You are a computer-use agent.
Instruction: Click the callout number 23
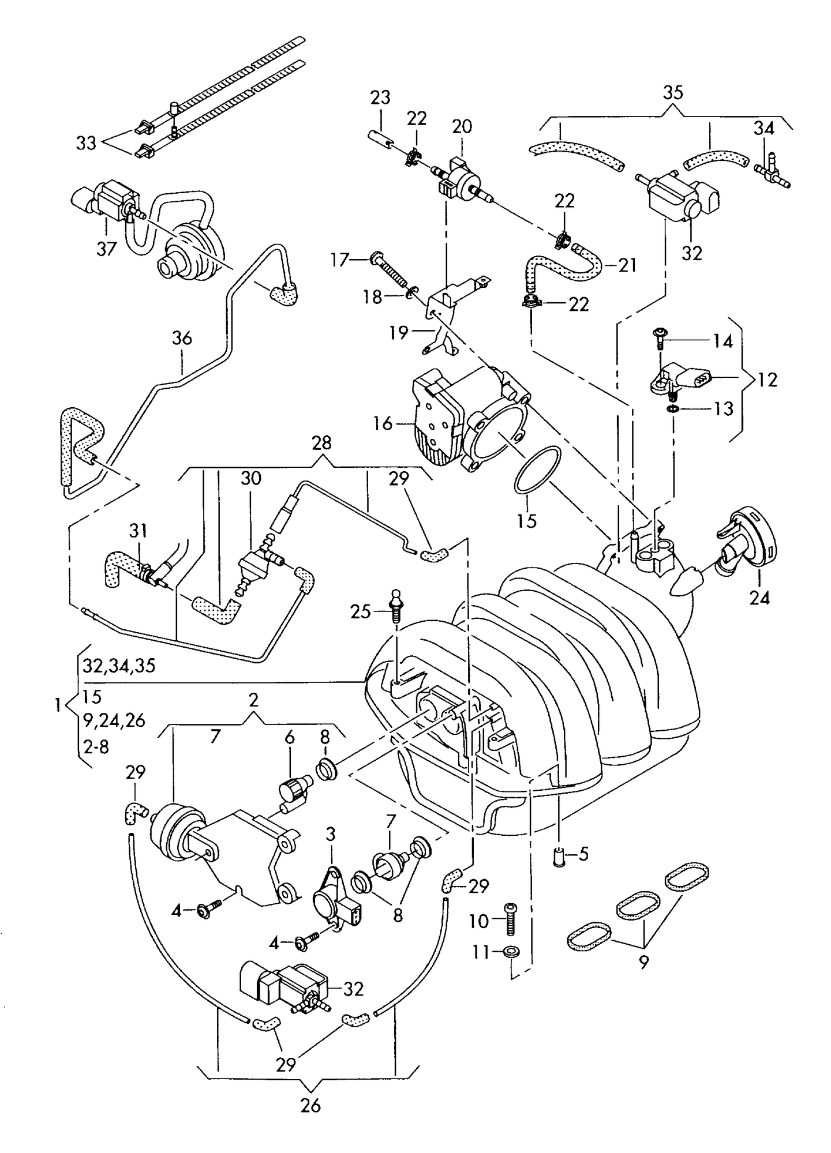click(x=380, y=97)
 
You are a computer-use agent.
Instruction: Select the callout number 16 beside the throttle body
click(x=383, y=423)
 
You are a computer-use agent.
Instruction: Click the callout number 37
click(x=106, y=249)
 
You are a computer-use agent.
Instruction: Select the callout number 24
click(x=759, y=598)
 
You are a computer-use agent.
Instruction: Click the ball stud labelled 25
click(x=395, y=606)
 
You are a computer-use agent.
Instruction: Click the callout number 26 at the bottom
click(x=310, y=1105)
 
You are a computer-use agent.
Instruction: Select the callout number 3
click(x=330, y=833)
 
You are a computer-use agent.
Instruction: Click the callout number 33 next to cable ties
click(x=86, y=142)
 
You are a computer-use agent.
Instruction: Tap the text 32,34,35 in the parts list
click(x=119, y=666)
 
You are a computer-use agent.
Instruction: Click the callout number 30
click(x=251, y=478)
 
